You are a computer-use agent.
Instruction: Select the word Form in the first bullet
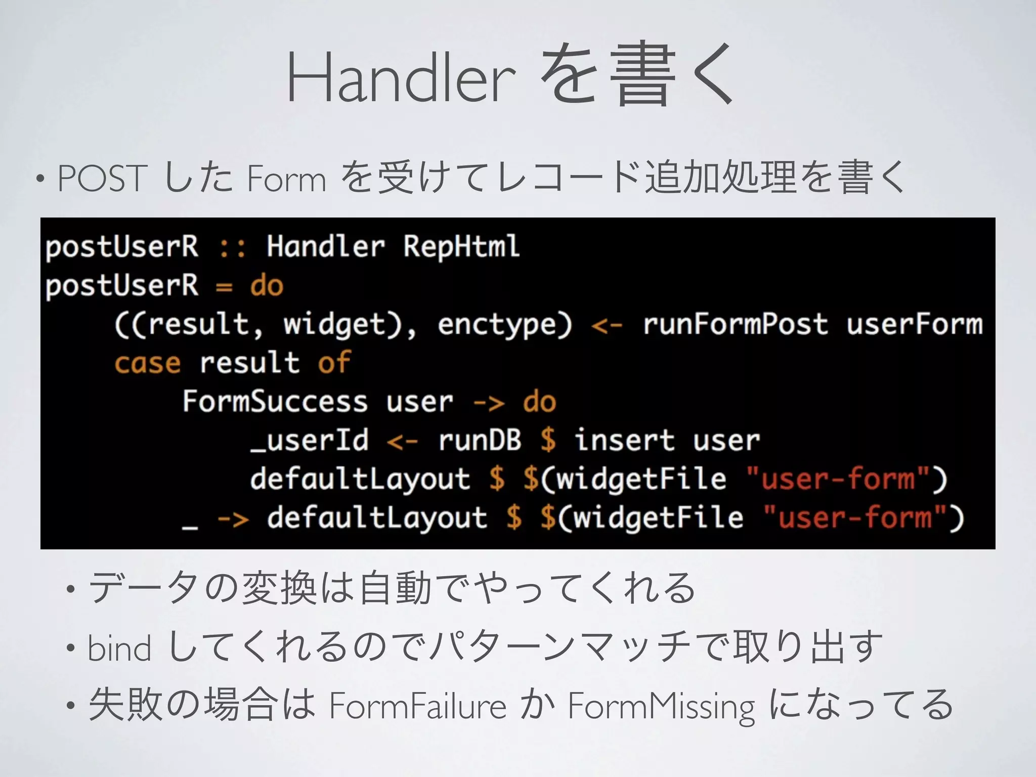click(x=287, y=179)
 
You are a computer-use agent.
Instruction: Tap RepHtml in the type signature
click(x=461, y=246)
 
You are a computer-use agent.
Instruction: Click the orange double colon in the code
click(x=232, y=247)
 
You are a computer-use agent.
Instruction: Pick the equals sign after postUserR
click(x=224, y=287)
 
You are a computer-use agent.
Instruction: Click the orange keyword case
click(x=147, y=363)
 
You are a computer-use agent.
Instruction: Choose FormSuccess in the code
click(x=275, y=402)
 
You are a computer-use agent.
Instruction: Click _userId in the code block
click(x=310, y=440)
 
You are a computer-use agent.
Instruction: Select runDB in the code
click(x=480, y=440)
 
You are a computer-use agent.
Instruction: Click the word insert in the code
click(x=625, y=440)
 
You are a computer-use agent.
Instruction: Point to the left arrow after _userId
click(x=403, y=442)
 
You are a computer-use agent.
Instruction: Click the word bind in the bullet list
click(x=119, y=648)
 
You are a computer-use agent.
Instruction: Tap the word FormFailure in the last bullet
click(x=418, y=706)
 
